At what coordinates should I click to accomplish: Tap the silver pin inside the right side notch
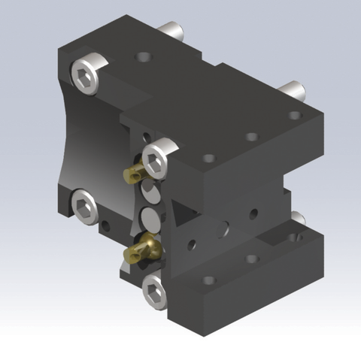tap(299, 218)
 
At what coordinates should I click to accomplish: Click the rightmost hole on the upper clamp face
tap(295, 116)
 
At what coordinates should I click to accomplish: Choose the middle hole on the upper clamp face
tap(251, 137)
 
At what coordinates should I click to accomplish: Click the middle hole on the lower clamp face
tap(252, 258)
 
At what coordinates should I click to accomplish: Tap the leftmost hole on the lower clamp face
tap(209, 280)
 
